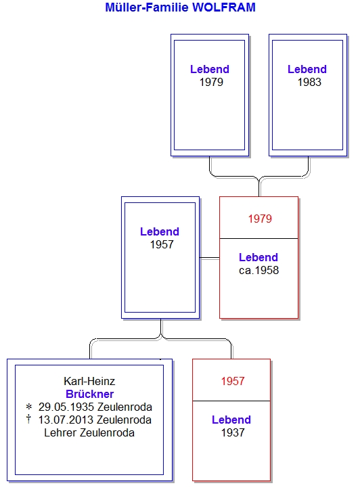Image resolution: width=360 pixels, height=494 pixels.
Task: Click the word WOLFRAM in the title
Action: (x=223, y=7)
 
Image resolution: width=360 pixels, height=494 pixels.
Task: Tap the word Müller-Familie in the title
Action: (x=147, y=7)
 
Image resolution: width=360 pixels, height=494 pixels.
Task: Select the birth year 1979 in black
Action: (x=211, y=82)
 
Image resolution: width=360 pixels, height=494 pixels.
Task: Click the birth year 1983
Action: (x=309, y=82)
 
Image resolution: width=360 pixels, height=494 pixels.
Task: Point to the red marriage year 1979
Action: (x=260, y=219)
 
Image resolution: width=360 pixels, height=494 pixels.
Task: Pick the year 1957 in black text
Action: (x=162, y=244)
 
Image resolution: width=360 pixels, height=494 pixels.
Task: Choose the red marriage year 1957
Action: (x=232, y=381)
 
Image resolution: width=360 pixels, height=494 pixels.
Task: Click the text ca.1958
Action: (x=259, y=270)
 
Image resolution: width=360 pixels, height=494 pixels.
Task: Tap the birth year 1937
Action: (x=233, y=432)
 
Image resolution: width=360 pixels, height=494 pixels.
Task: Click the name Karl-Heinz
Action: (x=89, y=381)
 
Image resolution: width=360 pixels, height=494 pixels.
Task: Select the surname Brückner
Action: (x=90, y=394)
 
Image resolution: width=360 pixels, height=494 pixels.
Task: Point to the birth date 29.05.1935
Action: (x=66, y=407)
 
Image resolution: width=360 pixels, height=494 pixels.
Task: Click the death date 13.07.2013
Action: (x=66, y=420)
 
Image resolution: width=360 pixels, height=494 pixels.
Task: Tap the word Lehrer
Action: (x=60, y=433)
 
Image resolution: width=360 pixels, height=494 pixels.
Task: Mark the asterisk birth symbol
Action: (x=29, y=407)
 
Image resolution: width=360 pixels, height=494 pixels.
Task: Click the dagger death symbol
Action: (x=28, y=419)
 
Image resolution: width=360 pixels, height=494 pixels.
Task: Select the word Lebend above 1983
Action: (x=307, y=69)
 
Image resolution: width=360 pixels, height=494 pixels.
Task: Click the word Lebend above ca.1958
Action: (x=258, y=257)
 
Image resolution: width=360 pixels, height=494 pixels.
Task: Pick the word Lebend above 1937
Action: (x=231, y=420)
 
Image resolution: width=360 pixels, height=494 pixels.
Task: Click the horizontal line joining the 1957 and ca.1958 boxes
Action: (x=210, y=258)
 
